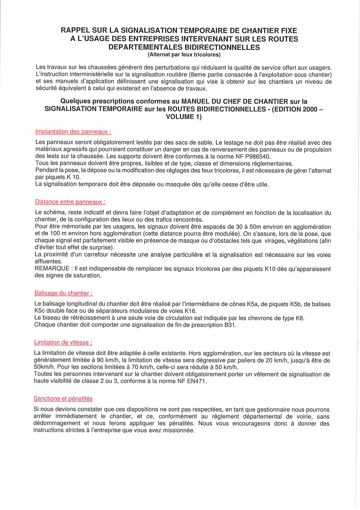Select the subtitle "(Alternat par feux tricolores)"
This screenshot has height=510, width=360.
184,55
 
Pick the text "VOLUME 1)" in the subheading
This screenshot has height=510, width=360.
184,117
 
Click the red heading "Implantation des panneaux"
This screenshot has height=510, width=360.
73,132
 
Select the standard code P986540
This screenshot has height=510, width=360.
258,157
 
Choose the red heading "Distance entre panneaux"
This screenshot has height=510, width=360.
70,202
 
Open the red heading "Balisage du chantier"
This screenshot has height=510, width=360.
63,293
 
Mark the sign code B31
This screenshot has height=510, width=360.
230,325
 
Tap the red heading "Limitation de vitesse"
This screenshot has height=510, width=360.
63,343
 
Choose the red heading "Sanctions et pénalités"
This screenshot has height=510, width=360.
63,399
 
